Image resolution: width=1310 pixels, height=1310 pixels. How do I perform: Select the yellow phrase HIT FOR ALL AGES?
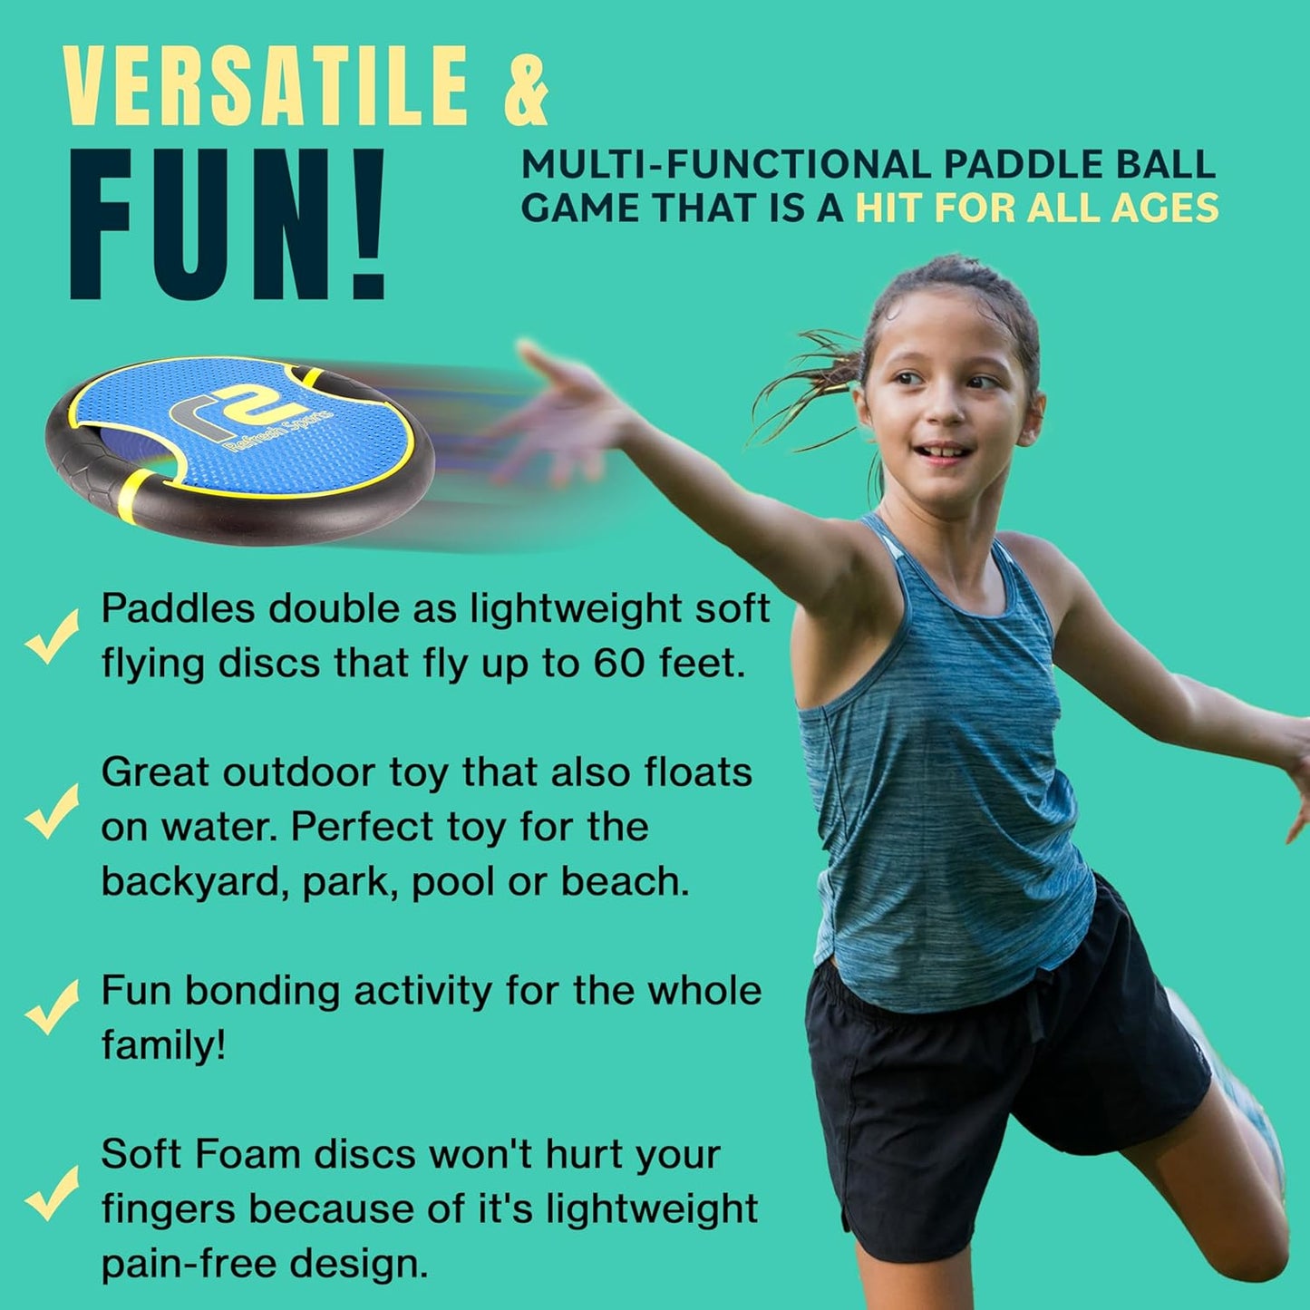pos(1037,209)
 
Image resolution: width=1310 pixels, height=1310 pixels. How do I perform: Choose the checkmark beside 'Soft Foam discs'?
pos(52,1192)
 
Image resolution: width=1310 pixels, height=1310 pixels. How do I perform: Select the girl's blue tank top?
pos(943,771)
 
